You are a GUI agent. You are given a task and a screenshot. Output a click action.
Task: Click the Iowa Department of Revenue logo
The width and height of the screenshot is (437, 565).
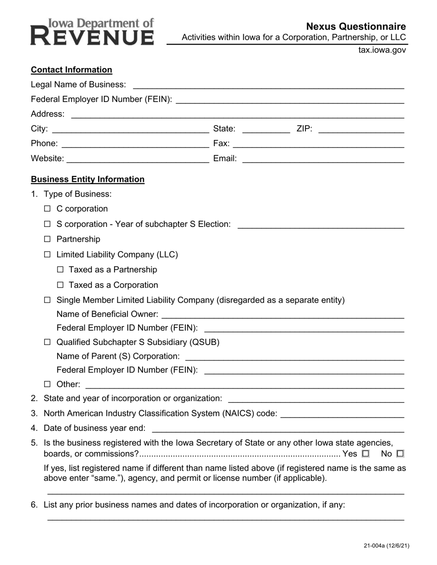point(92,32)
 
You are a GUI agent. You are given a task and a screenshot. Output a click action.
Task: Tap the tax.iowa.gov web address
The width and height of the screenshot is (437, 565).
point(382,50)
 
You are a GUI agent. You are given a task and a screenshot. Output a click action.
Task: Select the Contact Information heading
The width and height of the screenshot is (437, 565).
point(71,70)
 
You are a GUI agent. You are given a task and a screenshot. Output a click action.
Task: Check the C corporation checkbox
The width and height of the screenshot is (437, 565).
point(47,209)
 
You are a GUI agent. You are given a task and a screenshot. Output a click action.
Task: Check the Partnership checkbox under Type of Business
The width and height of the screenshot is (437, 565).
point(47,239)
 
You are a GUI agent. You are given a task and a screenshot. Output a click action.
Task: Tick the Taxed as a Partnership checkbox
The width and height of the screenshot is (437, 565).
point(60,270)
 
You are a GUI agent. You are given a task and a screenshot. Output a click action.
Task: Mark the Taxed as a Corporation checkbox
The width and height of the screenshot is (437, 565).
point(60,285)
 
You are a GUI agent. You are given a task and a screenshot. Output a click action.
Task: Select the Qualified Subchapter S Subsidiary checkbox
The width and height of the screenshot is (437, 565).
point(47,342)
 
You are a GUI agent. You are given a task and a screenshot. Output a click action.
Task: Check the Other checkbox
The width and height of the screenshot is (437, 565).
point(47,384)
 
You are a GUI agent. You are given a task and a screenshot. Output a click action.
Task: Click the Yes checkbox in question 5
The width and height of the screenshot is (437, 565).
point(366,454)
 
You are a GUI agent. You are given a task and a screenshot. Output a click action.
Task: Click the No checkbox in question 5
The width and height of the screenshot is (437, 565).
point(400,454)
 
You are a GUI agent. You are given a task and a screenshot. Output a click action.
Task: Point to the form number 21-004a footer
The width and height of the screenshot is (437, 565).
point(386,546)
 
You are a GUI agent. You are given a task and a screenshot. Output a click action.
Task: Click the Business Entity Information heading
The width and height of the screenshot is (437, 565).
point(87,180)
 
